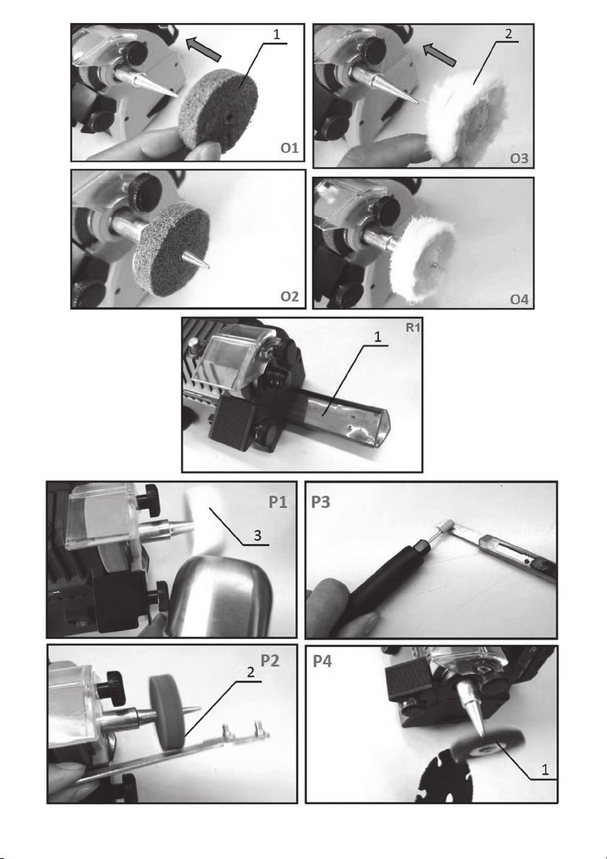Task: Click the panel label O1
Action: click(x=289, y=148)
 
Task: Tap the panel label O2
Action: click(x=289, y=296)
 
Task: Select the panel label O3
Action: click(x=519, y=159)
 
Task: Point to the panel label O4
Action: click(x=519, y=299)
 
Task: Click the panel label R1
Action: click(x=412, y=327)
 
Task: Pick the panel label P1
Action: click(x=278, y=502)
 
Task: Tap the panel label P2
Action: click(x=270, y=661)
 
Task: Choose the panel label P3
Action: click(x=320, y=502)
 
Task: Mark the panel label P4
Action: click(x=323, y=661)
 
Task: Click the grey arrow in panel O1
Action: click(x=204, y=49)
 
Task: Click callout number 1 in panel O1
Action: click(x=276, y=34)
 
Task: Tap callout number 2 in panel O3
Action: click(x=508, y=33)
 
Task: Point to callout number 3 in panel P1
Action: click(x=258, y=536)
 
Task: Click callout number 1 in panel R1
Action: click(x=377, y=337)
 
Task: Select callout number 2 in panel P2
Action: click(x=250, y=672)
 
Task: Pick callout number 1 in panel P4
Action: click(x=545, y=770)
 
